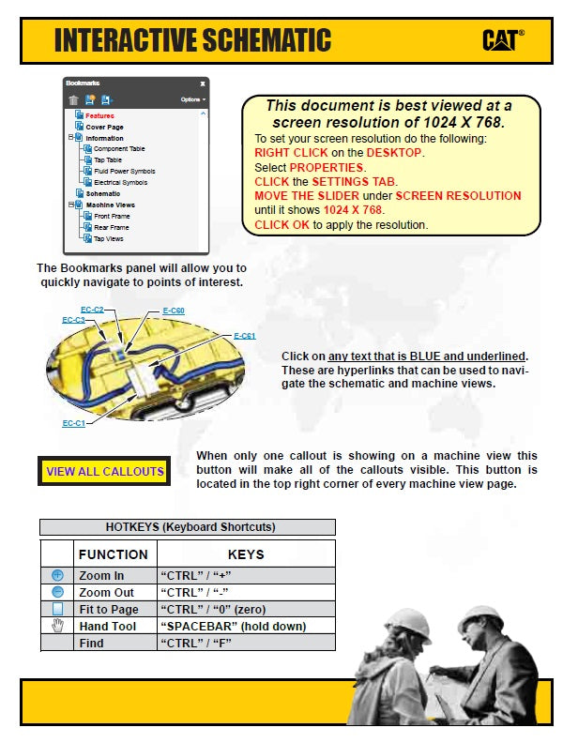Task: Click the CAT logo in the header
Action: point(503,39)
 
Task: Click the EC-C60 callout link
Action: point(174,311)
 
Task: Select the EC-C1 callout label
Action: point(74,424)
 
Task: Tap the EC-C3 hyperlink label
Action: point(73,320)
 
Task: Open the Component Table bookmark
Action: point(119,149)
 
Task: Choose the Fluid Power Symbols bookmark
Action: point(124,172)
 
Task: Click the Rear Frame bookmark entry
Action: point(112,228)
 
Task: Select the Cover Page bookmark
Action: point(104,127)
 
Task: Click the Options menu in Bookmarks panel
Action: point(192,99)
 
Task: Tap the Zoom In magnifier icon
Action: point(57,575)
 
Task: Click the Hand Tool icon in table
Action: point(57,626)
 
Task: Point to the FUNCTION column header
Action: point(113,554)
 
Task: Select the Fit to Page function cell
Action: point(109,609)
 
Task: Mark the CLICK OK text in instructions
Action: point(282,225)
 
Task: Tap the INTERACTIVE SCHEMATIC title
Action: point(192,40)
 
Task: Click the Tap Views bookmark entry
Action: point(109,239)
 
